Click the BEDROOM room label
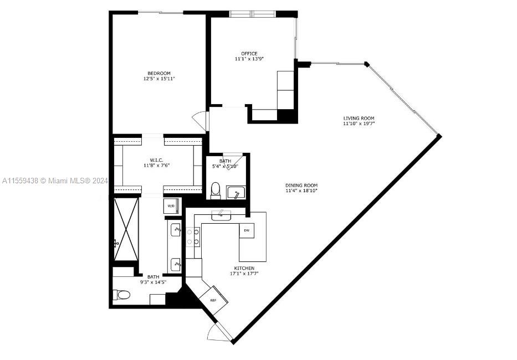coord(159,73)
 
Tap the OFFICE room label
coord(249,53)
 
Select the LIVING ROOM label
coord(359,118)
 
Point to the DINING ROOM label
coord(301,186)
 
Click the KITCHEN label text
coord(244,268)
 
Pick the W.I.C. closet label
coord(157,160)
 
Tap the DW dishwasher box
coord(247,230)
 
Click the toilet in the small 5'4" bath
coord(216,191)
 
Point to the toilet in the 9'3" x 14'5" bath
coord(122,295)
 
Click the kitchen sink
coord(221,215)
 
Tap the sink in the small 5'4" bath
coord(236,193)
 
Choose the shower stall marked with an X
coord(126,229)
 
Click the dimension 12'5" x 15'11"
coord(159,79)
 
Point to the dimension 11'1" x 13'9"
coord(249,59)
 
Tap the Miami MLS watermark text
coord(55,181)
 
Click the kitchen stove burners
coord(193,237)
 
